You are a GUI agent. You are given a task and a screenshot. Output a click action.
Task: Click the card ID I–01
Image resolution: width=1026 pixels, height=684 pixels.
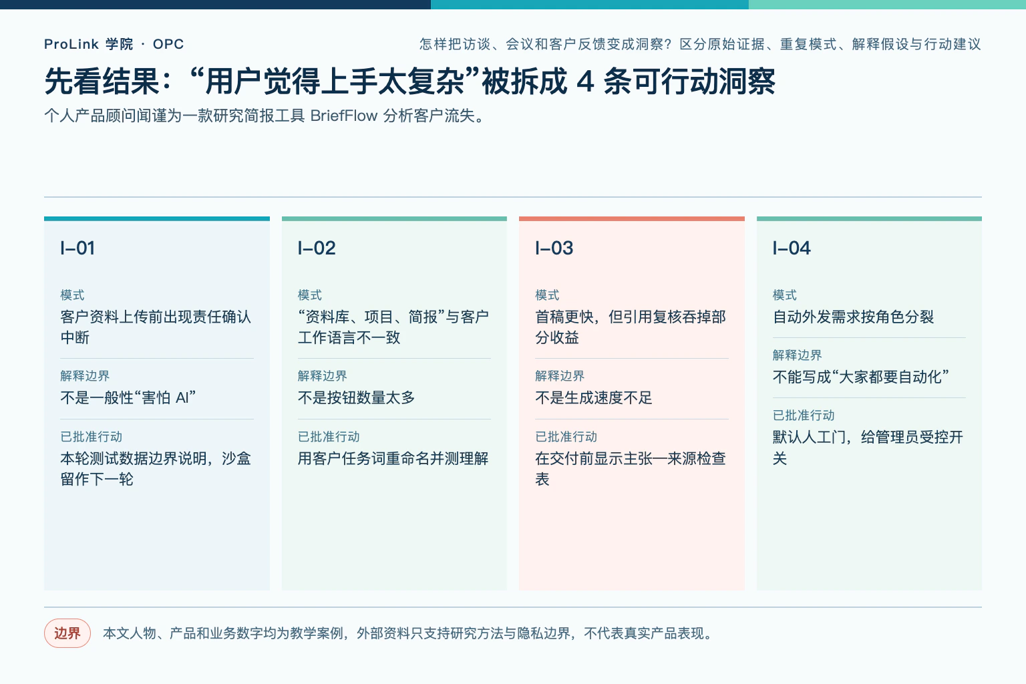coord(77,248)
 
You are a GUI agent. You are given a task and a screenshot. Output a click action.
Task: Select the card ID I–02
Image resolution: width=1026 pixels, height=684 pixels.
coord(317,248)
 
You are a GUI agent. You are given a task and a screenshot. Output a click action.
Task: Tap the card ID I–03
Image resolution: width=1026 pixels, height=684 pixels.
coord(554,248)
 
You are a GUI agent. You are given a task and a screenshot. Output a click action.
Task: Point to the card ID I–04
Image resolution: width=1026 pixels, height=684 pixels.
coord(792,248)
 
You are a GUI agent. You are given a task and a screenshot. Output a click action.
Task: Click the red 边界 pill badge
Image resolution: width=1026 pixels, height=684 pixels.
coord(67,633)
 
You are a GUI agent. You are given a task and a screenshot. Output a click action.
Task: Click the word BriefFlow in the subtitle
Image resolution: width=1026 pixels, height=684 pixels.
coord(344,116)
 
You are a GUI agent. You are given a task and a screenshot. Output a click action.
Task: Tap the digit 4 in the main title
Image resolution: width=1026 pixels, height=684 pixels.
coord(585,82)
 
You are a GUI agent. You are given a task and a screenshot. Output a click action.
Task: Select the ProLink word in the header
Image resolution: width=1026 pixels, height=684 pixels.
coord(71,44)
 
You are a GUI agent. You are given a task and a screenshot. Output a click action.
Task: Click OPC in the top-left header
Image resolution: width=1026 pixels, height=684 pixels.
coord(168,44)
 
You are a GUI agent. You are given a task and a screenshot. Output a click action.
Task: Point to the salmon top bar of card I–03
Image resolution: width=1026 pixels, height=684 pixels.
coord(632,218)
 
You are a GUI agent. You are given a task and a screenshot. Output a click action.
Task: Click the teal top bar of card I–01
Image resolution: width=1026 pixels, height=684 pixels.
coord(157,218)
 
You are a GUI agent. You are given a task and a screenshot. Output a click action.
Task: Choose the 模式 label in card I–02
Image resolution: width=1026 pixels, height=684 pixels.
coord(310,295)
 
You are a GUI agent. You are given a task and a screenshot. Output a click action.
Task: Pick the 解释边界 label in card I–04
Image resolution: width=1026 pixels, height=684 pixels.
coord(797,355)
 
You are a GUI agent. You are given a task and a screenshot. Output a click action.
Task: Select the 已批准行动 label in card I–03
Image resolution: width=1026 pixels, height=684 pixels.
coord(566,437)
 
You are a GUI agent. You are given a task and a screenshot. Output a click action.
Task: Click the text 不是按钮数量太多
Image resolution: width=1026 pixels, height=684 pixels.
coord(356,397)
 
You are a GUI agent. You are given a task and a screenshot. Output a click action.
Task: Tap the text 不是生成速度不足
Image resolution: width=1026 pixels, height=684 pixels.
coord(594,397)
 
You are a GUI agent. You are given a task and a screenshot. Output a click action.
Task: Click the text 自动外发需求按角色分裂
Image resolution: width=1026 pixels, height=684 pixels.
coord(853,317)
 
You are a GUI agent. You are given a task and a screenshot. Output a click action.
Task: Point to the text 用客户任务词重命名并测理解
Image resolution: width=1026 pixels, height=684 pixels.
coord(393,458)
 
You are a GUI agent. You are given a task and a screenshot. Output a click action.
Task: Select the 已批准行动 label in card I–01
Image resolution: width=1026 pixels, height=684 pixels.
coord(91,437)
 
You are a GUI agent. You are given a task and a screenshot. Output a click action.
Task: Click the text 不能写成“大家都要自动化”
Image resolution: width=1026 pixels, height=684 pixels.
coord(861,377)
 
